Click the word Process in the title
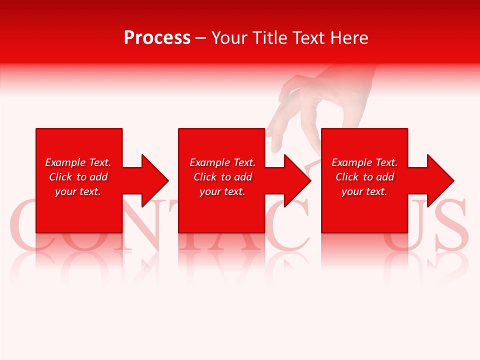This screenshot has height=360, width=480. pyautogui.click(x=157, y=38)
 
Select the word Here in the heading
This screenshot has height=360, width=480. pyautogui.click(x=348, y=38)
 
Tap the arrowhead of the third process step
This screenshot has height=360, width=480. pyautogui.click(x=439, y=180)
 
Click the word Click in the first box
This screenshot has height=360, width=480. pyautogui.click(x=60, y=177)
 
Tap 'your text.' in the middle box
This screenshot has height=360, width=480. pyautogui.click(x=222, y=191)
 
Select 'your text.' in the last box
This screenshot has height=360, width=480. pyautogui.click(x=364, y=191)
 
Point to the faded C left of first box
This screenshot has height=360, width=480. pyautogui.click(x=22, y=222)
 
